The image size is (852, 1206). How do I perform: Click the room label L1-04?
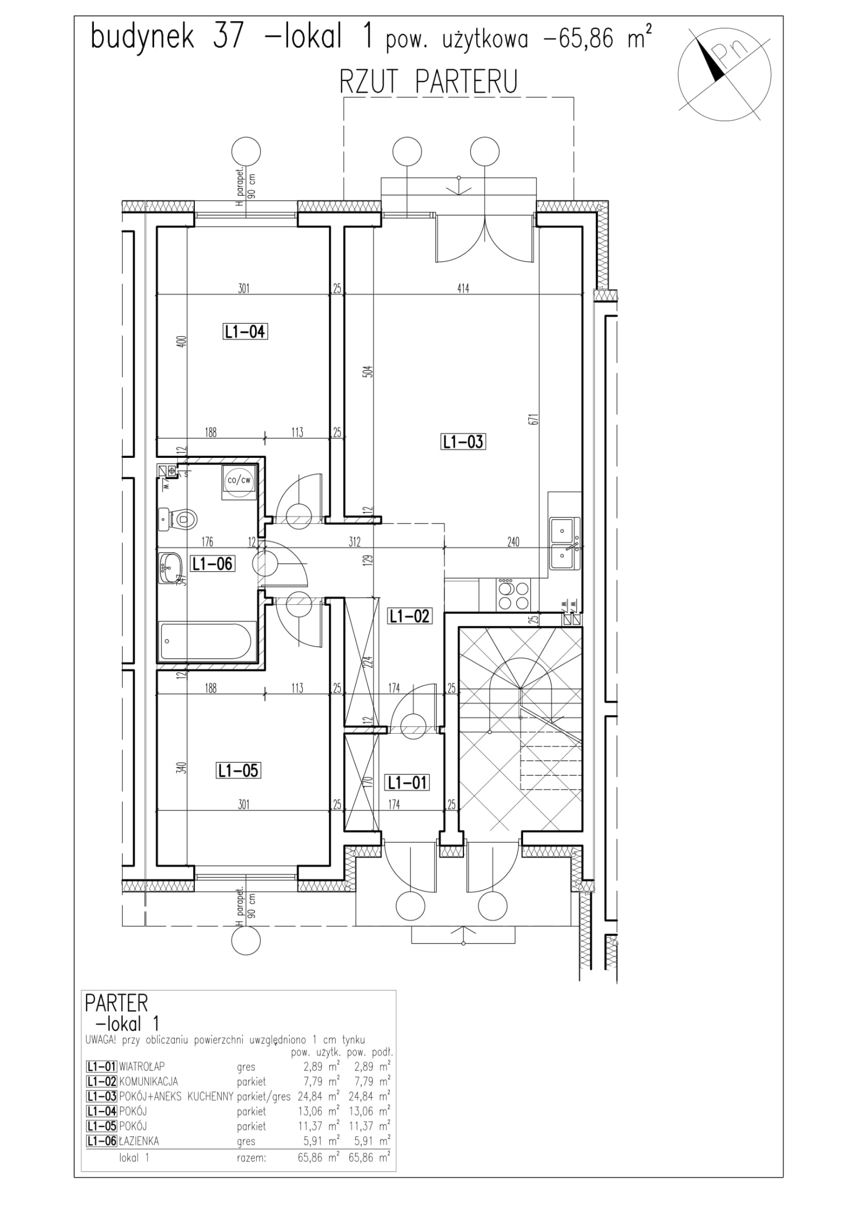point(245,332)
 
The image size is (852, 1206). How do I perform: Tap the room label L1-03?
point(463,442)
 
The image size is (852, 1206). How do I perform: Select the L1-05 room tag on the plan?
point(238,771)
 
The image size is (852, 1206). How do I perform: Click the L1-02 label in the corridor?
point(409,616)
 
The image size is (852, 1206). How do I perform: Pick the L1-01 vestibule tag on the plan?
point(407,783)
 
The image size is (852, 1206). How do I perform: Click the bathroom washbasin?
point(170,568)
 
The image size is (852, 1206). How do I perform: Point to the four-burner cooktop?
point(514,595)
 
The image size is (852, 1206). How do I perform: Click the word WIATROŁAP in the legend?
point(142,1066)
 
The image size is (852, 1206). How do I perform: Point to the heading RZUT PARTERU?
point(428,82)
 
